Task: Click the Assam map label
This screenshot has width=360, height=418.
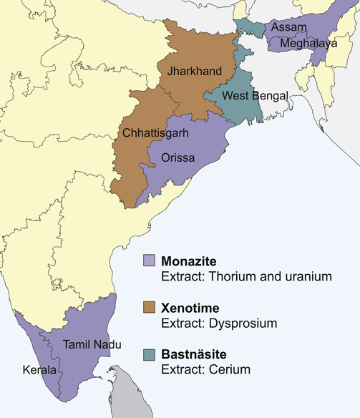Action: click(290, 27)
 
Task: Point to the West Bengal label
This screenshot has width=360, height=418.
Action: click(255, 96)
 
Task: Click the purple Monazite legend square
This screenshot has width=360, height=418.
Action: click(149, 260)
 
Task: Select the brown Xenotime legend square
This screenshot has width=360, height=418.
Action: click(149, 308)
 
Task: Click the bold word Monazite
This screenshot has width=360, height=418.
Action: click(188, 260)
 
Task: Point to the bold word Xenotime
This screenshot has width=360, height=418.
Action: click(190, 308)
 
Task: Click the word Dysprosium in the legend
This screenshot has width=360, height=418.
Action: click(240, 324)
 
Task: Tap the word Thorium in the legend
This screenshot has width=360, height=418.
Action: click(228, 276)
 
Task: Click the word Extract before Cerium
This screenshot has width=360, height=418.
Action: click(181, 371)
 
